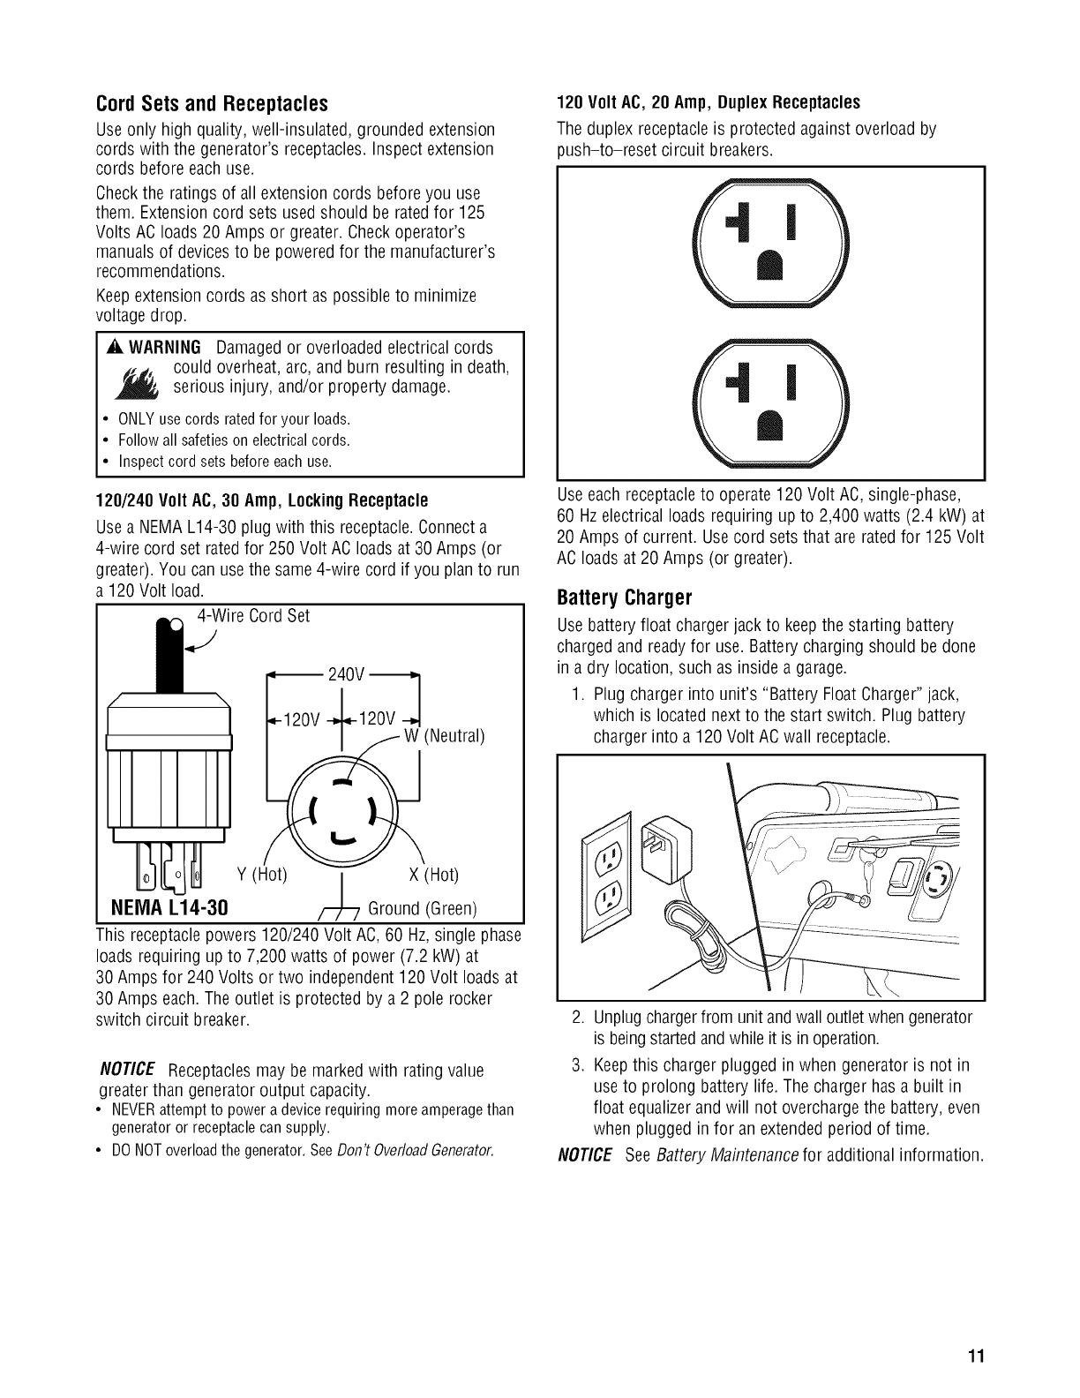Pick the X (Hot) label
(434, 876)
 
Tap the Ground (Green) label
(422, 908)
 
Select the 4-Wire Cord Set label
(252, 616)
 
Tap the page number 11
(974, 1356)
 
